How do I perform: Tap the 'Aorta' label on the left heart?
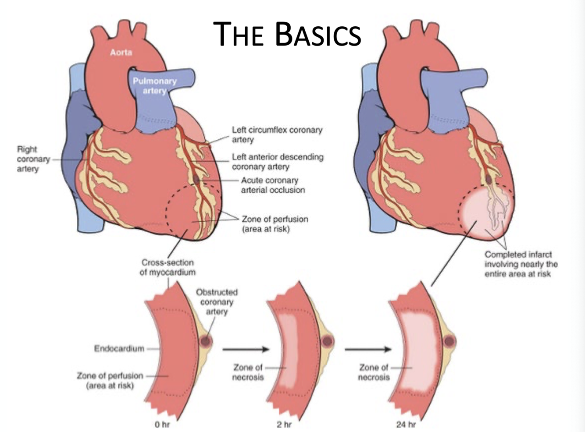tap(121, 53)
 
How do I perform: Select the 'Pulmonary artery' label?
tap(155, 86)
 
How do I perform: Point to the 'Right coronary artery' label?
tap(28, 159)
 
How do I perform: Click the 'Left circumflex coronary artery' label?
tap(277, 135)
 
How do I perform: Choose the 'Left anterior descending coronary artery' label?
tap(278, 162)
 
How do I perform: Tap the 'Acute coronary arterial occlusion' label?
tap(272, 185)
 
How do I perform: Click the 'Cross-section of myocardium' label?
tap(168, 267)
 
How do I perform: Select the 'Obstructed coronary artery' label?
tap(217, 301)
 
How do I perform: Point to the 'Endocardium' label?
tap(119, 348)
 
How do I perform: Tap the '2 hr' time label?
tap(284, 424)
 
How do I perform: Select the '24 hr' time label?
tap(406, 424)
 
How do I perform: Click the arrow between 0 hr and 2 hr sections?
tap(245, 349)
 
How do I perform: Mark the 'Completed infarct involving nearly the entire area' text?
tap(521, 264)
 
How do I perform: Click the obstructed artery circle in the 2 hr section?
tap(328, 341)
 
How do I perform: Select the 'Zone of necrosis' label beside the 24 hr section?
tap(373, 372)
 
